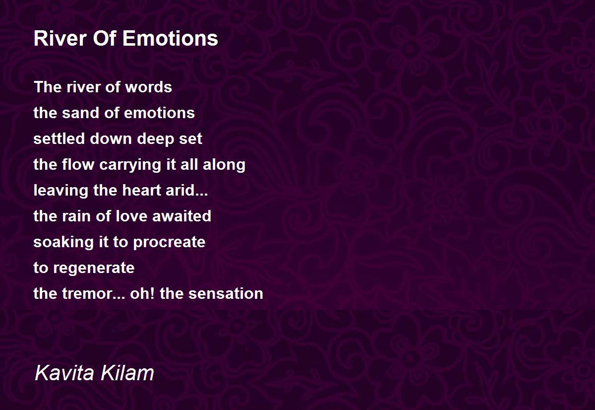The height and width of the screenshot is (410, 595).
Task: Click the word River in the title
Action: [60, 39]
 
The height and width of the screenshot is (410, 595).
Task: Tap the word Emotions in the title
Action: [170, 39]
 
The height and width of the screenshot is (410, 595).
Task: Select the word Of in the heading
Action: [105, 39]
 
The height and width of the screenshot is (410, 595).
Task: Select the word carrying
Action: [130, 165]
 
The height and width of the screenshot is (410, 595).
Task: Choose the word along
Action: [224, 165]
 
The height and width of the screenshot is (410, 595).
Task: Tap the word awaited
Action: [181, 216]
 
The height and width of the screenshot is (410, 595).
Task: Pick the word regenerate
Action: [94, 268]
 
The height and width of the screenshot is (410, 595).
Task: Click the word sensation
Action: [226, 294]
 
